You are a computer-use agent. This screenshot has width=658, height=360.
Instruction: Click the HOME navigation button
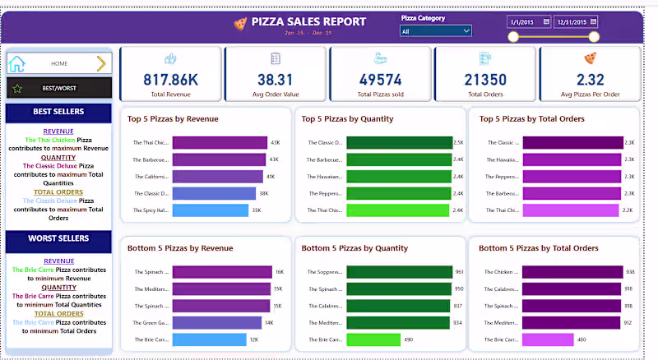58,63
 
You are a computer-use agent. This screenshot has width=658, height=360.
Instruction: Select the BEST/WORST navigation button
58,88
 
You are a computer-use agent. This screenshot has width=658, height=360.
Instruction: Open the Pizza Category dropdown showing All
435,31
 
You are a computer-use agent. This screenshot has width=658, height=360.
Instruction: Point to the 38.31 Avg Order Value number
276,79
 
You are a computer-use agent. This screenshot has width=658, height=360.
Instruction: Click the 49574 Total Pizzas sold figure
380,79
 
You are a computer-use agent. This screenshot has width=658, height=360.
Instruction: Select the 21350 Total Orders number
485,79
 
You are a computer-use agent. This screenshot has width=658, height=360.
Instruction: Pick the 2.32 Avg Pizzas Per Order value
590,79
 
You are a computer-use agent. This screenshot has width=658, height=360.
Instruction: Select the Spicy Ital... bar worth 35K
211,210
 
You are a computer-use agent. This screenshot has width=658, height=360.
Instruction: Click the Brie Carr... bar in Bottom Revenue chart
209,339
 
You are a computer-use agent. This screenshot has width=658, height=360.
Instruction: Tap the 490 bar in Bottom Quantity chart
373,339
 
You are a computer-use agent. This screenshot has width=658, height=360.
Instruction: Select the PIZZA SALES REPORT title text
308,21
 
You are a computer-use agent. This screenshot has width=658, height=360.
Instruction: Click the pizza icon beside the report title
239,24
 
